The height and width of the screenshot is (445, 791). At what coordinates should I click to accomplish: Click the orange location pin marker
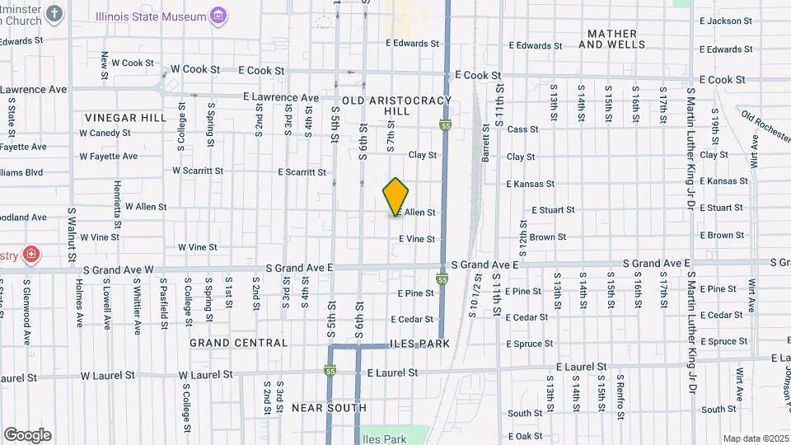(396, 197)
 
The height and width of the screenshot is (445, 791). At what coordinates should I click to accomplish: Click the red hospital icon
(31, 254)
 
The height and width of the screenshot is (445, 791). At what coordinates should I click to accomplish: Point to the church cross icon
(54, 14)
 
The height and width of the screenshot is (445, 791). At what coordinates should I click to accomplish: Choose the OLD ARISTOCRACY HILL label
(397, 105)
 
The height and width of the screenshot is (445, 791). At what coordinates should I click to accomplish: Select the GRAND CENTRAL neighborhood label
(238, 343)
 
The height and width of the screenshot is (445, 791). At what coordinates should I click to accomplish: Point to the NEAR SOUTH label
(329, 408)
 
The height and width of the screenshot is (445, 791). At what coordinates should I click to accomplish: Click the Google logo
(27, 435)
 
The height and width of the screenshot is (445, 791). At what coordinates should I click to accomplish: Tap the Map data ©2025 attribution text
(755, 438)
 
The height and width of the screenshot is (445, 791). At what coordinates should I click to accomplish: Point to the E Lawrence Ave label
(281, 97)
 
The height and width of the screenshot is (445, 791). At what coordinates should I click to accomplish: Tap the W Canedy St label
(105, 133)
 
